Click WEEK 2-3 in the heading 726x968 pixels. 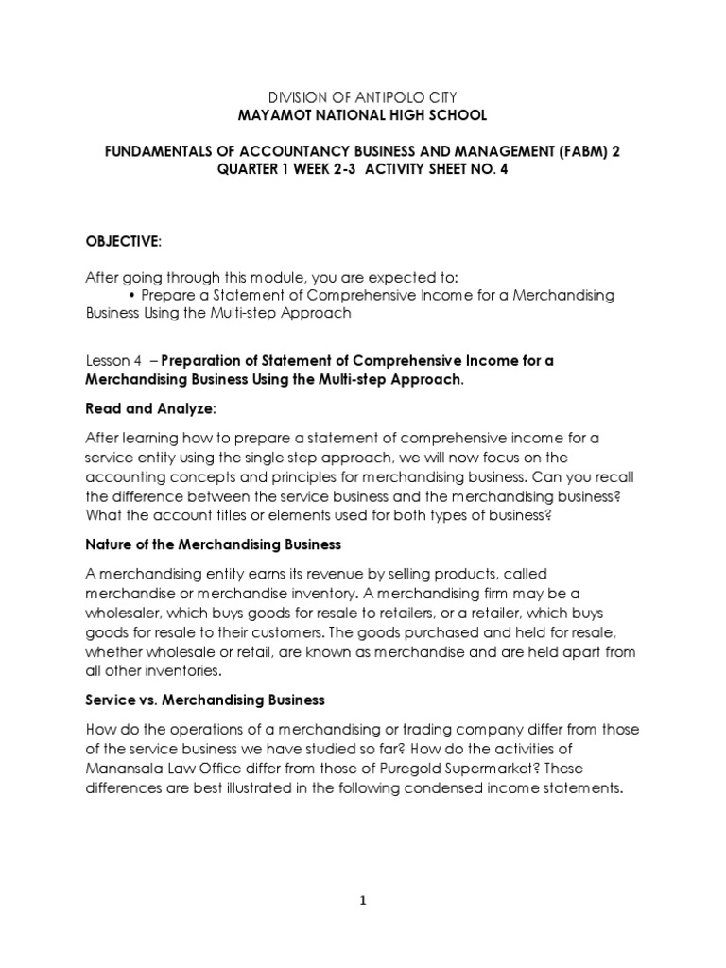(313, 169)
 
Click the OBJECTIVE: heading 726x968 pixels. (123, 242)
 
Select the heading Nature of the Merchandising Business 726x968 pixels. (213, 545)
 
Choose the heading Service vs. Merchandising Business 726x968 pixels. (205, 700)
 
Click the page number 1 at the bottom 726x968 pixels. (363, 900)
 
